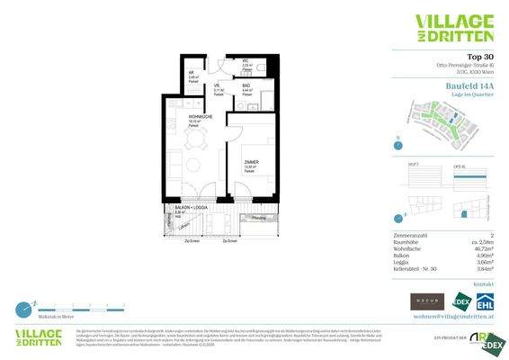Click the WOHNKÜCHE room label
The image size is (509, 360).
click(200, 117)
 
